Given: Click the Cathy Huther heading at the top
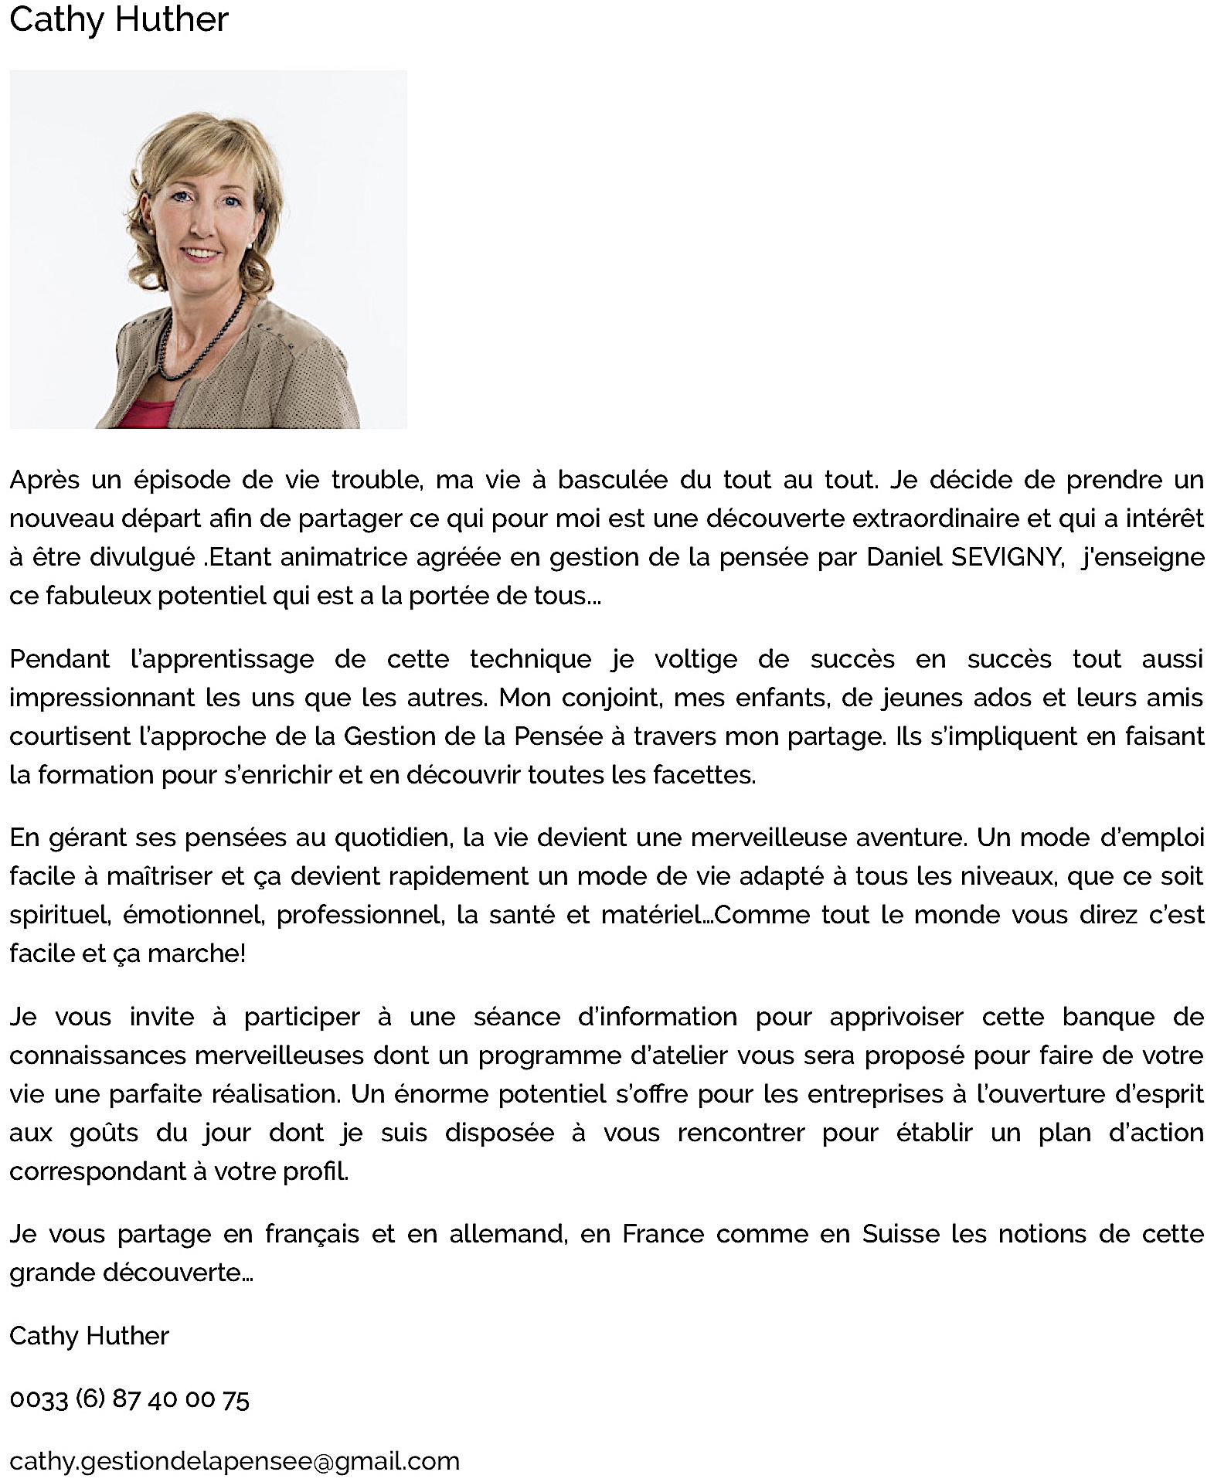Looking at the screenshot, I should (x=119, y=19).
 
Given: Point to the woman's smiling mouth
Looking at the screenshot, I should (x=201, y=253).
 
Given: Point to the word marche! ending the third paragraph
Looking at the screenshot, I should (x=196, y=954).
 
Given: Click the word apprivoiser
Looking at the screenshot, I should (x=896, y=1018).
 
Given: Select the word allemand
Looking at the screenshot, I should (x=508, y=1235).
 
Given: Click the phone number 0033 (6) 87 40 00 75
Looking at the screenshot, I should (x=129, y=1399).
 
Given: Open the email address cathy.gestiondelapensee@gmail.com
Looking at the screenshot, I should (x=234, y=1462).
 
